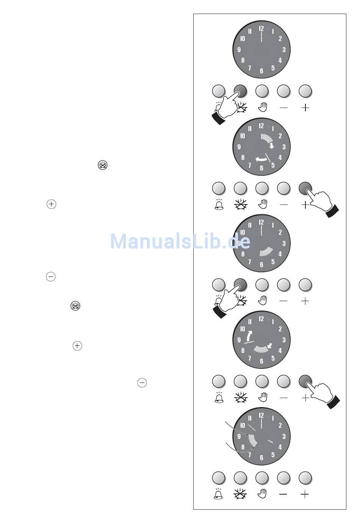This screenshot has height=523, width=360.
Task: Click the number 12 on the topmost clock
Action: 261,29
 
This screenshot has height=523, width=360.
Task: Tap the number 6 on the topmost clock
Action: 261,71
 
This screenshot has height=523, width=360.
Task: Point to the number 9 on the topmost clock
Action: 239,50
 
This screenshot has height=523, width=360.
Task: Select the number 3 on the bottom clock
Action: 284,437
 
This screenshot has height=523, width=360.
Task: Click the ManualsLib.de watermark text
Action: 180,241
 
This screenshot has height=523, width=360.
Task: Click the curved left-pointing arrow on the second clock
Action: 261,159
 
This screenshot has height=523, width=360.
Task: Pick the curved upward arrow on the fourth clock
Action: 249,336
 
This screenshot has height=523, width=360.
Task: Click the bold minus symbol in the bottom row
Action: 283,494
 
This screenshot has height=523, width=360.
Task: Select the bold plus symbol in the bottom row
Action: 305,494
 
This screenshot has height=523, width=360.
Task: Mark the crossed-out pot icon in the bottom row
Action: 240,494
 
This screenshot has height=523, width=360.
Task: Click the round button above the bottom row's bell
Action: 219,478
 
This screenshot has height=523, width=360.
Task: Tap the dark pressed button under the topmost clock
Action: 241,91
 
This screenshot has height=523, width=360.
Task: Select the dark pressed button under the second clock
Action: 305,188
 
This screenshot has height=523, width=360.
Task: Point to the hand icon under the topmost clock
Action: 262,108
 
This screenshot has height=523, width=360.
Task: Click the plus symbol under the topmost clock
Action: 305,108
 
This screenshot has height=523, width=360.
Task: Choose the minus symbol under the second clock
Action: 283,205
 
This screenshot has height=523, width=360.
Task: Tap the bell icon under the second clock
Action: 219,205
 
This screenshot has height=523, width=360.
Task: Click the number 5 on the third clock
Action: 273,261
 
